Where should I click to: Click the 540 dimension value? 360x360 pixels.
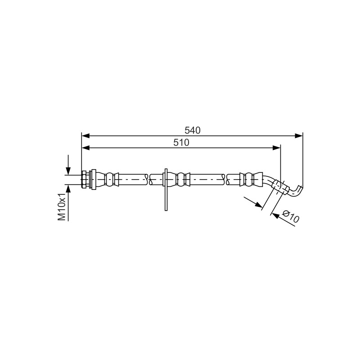pos(193,130)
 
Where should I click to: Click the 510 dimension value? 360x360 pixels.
pos(181,143)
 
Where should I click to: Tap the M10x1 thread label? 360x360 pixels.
pos(62,207)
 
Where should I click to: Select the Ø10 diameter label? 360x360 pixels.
pos(291,216)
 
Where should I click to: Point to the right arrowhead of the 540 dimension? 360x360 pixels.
pos(299,136)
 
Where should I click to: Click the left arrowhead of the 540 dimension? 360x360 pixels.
pos(85,136)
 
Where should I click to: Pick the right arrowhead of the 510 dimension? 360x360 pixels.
pos(277,148)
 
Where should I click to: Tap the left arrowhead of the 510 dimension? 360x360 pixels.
pos(85,148)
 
